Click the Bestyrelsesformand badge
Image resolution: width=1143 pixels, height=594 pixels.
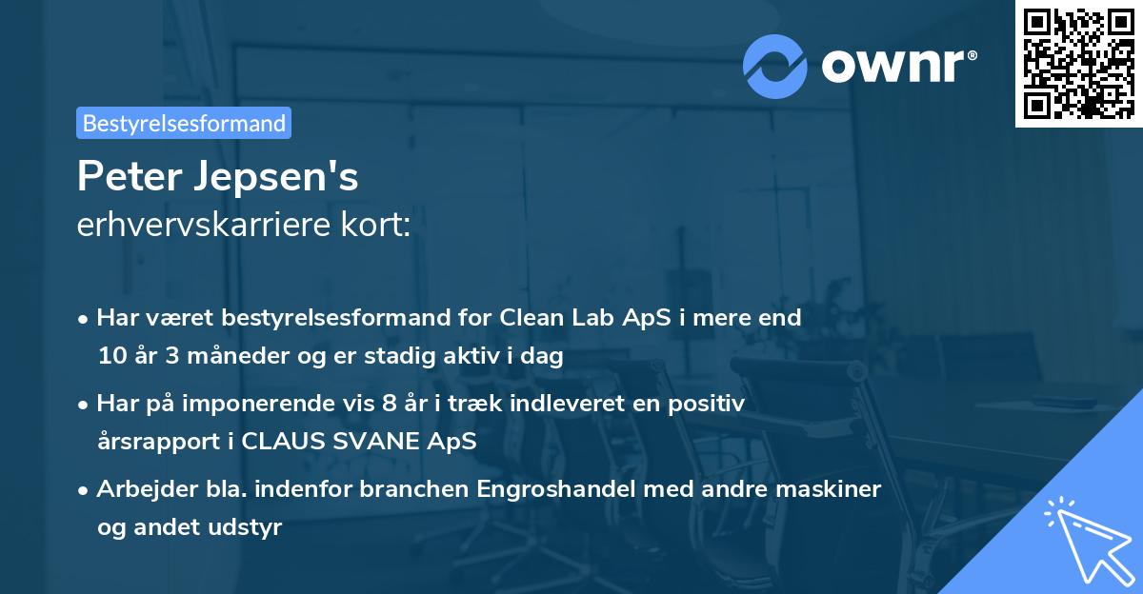coord(184,123)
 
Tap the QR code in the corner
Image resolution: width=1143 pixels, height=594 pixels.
coord(1078,64)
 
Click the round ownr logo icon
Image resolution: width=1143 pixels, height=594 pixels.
coord(775,66)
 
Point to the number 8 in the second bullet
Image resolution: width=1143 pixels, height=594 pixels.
coord(389,404)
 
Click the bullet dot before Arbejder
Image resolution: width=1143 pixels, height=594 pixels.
coord(84,490)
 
